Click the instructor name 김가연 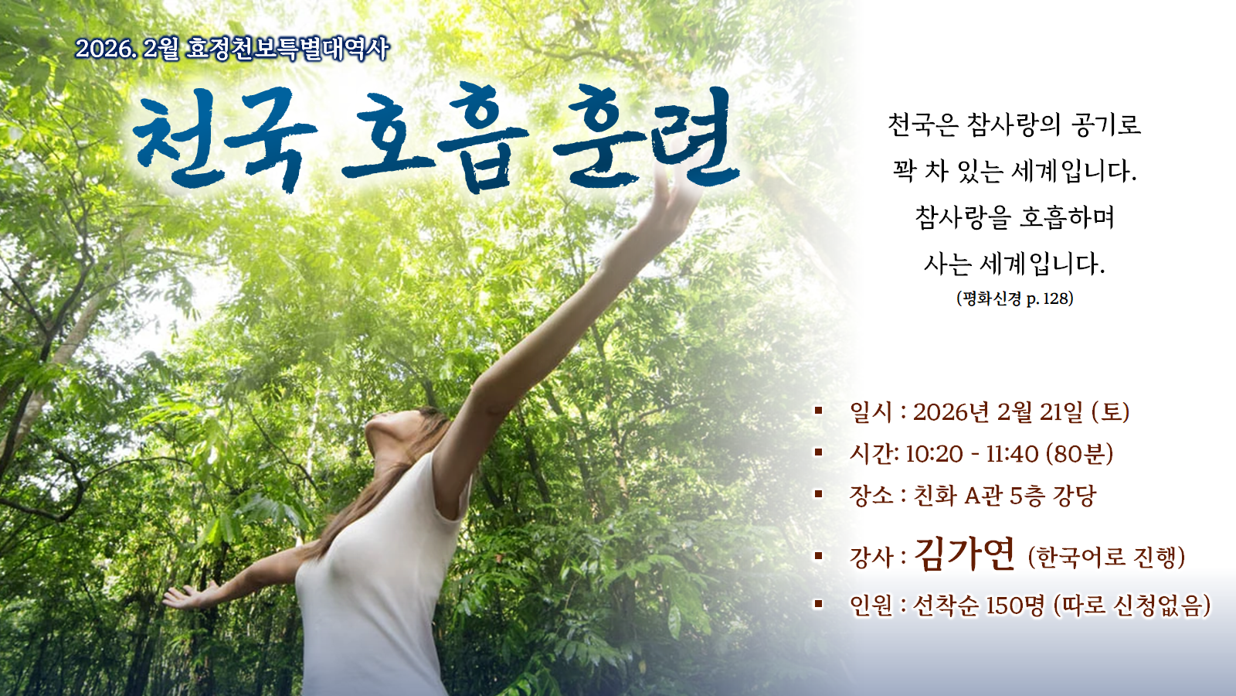point(964,554)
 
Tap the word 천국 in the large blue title point(225,138)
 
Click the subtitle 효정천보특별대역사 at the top point(287,49)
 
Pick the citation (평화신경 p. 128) point(1015,299)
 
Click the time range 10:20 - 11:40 point(972,454)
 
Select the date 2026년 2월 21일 point(998,412)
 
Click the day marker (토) point(1111,412)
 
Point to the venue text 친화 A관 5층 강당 point(1005,496)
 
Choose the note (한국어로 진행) point(1106,557)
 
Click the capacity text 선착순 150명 point(979,606)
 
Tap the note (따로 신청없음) point(1132,606)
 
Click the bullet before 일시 point(818,411)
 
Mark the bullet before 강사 point(818,555)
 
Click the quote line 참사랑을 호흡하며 point(1015,217)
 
